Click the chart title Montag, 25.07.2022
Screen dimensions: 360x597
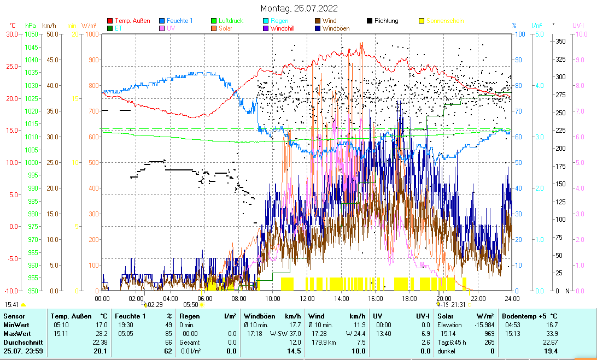(x=298, y=8)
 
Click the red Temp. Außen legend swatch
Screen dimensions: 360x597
(x=110, y=21)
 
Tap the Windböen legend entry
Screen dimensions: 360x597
(x=337, y=28)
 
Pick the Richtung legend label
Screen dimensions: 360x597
(x=386, y=21)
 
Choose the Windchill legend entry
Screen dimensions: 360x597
(x=284, y=28)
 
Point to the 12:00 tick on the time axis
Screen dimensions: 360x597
(x=307, y=299)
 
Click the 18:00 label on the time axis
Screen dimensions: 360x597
(x=409, y=299)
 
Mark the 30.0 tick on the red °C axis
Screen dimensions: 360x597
(x=12, y=34)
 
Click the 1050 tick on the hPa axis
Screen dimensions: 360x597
(x=31, y=34)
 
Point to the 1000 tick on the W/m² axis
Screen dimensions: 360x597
(x=91, y=34)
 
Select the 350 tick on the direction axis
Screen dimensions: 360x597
(x=560, y=41)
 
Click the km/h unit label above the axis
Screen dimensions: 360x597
(x=49, y=26)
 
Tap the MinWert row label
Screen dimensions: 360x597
(x=16, y=324)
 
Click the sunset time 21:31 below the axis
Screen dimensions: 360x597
(x=458, y=305)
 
